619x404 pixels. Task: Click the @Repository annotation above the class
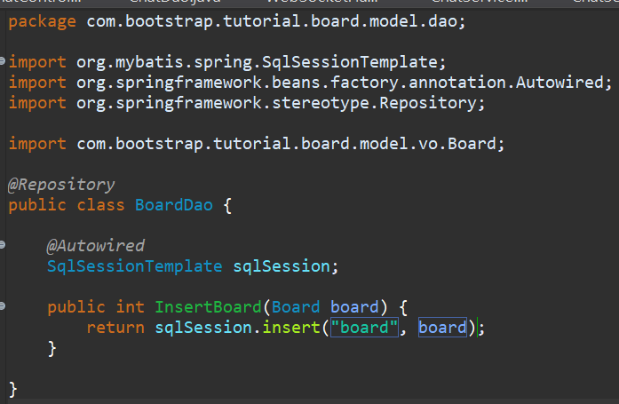61,185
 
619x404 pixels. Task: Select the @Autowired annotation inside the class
96,245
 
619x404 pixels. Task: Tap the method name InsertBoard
208,307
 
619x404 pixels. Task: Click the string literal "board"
364,328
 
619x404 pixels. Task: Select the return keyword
115,328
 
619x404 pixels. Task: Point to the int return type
131,307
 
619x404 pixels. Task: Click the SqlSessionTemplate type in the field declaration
135,265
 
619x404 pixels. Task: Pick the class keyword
100,205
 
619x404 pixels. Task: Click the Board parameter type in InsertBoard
296,307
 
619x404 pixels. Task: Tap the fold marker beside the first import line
3,61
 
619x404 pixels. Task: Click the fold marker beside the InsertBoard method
3,306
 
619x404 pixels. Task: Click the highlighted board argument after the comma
442,328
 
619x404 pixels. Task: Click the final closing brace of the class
12,388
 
